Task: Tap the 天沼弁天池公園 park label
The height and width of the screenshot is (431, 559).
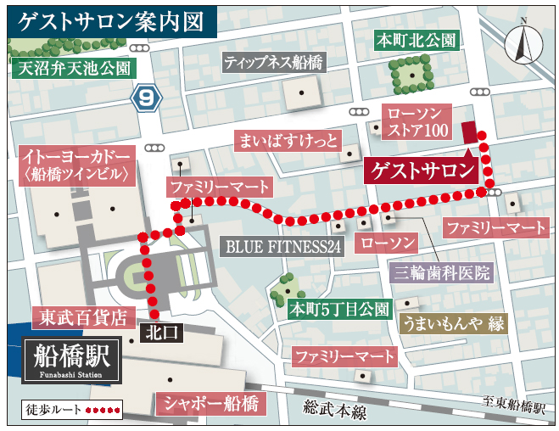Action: (72, 68)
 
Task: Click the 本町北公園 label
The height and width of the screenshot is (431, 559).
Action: (416, 40)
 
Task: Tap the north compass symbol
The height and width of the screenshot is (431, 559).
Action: (523, 43)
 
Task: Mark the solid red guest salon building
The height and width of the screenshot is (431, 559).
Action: (469, 132)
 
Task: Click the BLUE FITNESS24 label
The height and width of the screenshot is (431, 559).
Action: (282, 247)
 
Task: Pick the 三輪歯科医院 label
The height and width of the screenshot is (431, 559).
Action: (442, 272)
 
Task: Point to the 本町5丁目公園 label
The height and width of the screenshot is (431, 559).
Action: (338, 309)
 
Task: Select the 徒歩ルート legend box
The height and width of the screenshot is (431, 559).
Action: (70, 409)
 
